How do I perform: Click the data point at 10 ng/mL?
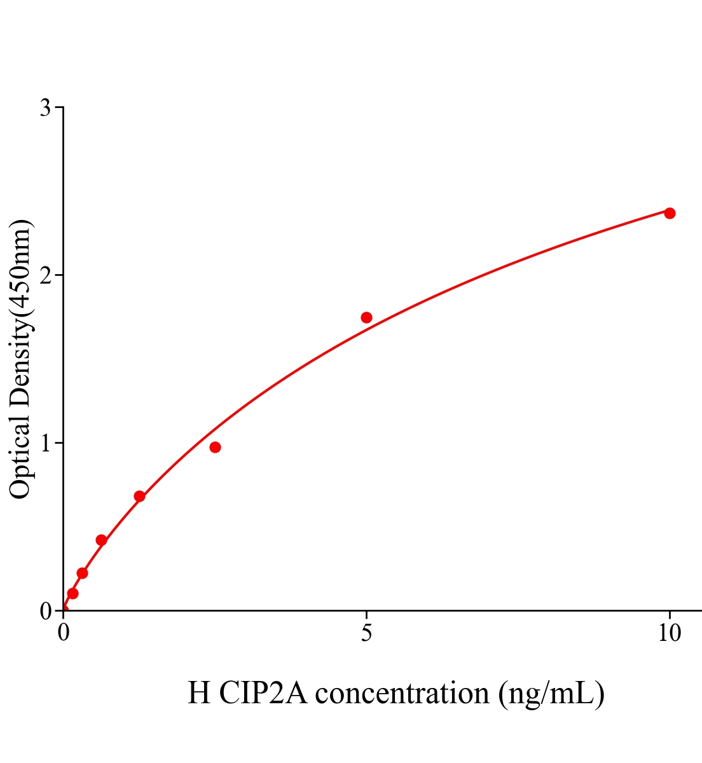(670, 213)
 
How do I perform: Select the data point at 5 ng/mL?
(366, 317)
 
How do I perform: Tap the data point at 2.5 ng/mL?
(215, 447)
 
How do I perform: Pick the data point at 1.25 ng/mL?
(139, 496)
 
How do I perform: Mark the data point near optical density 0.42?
(101, 540)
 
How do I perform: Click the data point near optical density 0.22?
(82, 573)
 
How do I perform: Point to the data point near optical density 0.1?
(72, 593)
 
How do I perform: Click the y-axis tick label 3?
(45, 108)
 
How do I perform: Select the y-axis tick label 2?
(45, 275)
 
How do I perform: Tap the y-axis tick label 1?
(45, 443)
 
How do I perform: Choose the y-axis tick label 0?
(45, 611)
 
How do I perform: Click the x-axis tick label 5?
(366, 633)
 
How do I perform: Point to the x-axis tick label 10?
(669, 633)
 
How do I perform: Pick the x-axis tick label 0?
(64, 633)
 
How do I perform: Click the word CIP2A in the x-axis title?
(262, 693)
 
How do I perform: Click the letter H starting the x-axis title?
(199, 693)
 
